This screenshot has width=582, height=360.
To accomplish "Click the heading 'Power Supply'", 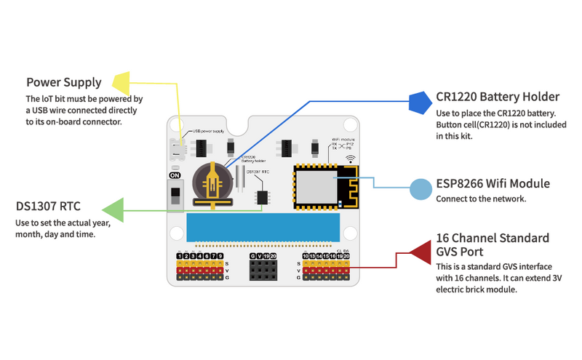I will (x=64, y=82).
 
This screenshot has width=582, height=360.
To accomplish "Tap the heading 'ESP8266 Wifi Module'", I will (x=493, y=183).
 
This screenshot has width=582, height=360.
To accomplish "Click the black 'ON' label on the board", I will (x=175, y=176).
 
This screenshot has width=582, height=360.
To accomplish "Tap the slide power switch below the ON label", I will (x=175, y=196).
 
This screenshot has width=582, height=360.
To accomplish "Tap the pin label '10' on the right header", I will (x=306, y=256).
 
